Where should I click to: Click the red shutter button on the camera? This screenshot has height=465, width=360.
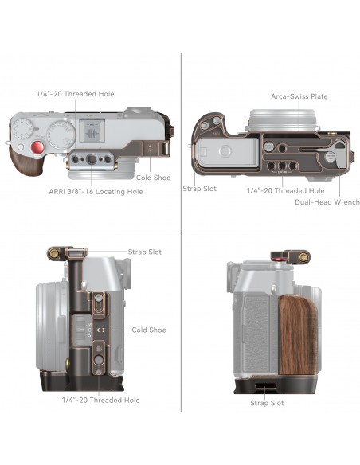click(x=37, y=147)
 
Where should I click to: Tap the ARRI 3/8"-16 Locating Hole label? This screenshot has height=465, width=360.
click(x=96, y=192)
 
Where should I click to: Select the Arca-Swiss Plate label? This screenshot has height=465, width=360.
click(x=299, y=96)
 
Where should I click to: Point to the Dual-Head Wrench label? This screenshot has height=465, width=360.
click(x=327, y=202)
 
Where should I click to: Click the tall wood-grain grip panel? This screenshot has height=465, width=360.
click(x=297, y=335)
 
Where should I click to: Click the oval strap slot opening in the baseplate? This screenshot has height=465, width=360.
click(x=265, y=386)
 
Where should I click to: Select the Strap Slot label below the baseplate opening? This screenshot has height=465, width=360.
click(x=267, y=403)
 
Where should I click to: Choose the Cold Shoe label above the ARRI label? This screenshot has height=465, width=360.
click(x=153, y=178)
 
